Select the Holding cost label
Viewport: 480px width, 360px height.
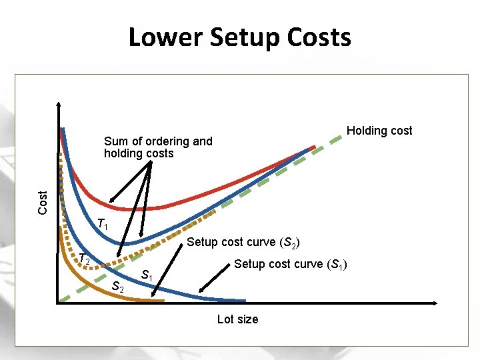tap(379, 131)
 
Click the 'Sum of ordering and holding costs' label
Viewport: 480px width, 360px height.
tap(158, 147)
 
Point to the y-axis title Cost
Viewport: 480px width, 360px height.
tap(43, 202)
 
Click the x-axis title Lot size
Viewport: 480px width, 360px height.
tap(237, 319)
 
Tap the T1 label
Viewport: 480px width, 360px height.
tap(102, 225)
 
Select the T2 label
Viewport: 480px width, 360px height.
tap(84, 259)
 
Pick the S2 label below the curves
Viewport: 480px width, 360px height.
tap(117, 287)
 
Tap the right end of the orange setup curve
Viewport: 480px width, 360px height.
tap(163, 301)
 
